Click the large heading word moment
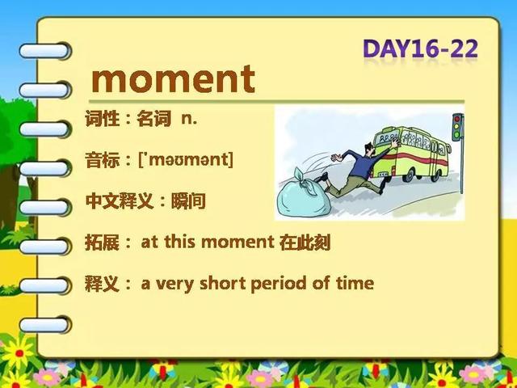coord(173,79)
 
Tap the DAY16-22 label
coord(420,49)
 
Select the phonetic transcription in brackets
coord(187,160)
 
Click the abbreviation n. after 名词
coord(189,119)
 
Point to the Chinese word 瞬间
coord(188,201)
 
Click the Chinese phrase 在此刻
coord(305,242)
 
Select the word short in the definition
coord(223,283)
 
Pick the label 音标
coord(103,160)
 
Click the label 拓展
coord(103,242)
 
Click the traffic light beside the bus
coord(458,127)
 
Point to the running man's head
coord(370,150)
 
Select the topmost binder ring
coord(44,51)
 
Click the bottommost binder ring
coord(44,325)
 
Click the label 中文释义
coord(120,201)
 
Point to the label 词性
coord(103,119)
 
